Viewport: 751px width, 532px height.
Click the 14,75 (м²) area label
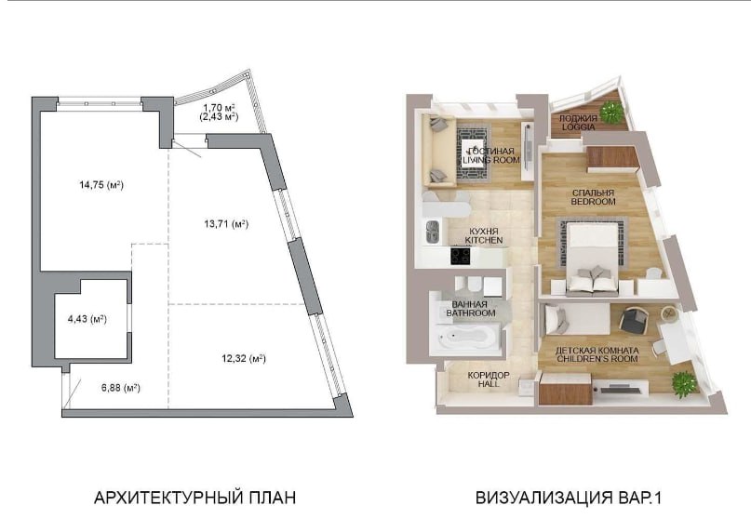101,185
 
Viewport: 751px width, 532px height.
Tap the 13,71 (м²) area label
226,223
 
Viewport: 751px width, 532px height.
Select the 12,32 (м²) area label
244,358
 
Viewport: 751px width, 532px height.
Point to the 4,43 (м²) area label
87,319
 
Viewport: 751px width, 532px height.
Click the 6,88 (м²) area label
121,388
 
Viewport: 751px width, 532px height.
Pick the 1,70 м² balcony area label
219,108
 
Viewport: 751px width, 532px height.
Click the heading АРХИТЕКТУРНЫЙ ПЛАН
194,498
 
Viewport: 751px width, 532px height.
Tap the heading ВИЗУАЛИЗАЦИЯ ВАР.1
569,498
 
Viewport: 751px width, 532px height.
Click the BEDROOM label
593,202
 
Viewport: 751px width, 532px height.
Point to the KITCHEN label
484,239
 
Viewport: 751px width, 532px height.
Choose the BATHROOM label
471,313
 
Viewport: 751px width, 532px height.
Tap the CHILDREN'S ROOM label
597,359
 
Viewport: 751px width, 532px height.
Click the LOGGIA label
579,126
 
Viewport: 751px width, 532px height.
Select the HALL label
489,384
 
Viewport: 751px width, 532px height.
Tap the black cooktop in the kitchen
461,256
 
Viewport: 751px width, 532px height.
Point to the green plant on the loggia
610,113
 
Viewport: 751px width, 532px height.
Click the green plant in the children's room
682,384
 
